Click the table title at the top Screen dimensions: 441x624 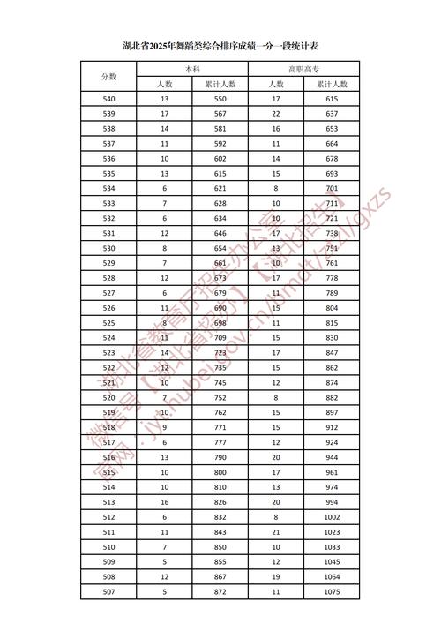220,45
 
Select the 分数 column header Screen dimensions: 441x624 109,76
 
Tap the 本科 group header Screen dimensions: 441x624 192,68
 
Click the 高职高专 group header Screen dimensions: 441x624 304,68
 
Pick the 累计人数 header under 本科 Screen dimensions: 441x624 220,84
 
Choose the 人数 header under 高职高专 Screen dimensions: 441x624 276,84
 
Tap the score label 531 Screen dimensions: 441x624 109,233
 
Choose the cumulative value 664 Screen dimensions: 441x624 332,144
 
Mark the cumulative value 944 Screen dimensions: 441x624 332,457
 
